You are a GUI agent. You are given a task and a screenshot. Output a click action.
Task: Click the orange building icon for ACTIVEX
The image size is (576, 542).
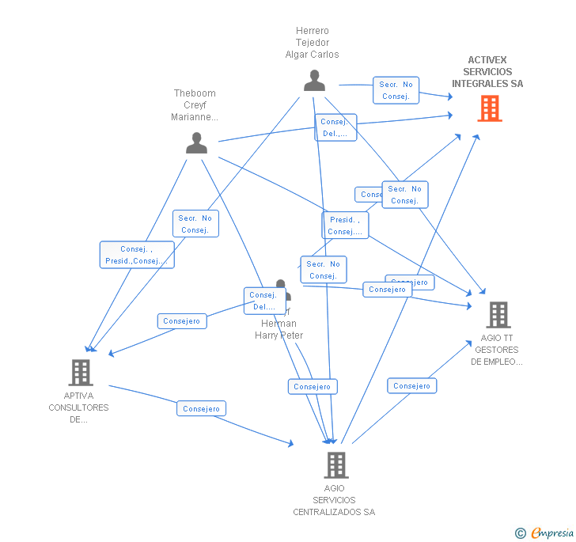490,108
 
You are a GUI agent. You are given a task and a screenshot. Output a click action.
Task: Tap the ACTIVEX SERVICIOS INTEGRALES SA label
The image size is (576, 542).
487,72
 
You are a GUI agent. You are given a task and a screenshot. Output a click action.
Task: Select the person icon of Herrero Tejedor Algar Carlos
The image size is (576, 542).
314,81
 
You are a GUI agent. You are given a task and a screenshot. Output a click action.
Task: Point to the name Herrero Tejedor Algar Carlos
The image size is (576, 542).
312,43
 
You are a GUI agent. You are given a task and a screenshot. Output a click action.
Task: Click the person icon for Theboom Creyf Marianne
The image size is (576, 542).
196,143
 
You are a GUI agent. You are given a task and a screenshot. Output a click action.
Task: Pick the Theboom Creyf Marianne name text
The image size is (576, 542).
195,105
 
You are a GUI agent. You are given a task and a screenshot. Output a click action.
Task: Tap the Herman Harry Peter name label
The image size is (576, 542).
279,329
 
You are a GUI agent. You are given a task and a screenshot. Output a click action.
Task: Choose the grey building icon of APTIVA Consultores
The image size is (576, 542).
81,372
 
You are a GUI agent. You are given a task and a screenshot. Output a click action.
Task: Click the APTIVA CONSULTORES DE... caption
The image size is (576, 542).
78,407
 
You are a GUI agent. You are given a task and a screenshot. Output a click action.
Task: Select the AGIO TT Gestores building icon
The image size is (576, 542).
498,315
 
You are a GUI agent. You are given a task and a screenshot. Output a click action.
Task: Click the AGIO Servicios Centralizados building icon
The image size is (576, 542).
336,465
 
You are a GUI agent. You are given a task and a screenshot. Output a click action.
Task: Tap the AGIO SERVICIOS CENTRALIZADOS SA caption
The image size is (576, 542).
334,500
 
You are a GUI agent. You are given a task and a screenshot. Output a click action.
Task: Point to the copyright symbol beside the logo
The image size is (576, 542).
521,533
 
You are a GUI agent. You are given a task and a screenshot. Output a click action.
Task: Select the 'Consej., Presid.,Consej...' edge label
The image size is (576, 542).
137,255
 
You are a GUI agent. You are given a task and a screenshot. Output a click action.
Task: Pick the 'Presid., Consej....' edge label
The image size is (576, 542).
345,226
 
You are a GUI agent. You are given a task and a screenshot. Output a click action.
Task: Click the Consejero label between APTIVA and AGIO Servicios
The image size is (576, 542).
201,409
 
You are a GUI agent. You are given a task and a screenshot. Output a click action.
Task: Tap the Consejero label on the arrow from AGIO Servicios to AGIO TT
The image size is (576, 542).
411,386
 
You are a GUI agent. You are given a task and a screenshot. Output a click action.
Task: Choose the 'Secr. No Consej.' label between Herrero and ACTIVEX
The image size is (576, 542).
396,90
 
